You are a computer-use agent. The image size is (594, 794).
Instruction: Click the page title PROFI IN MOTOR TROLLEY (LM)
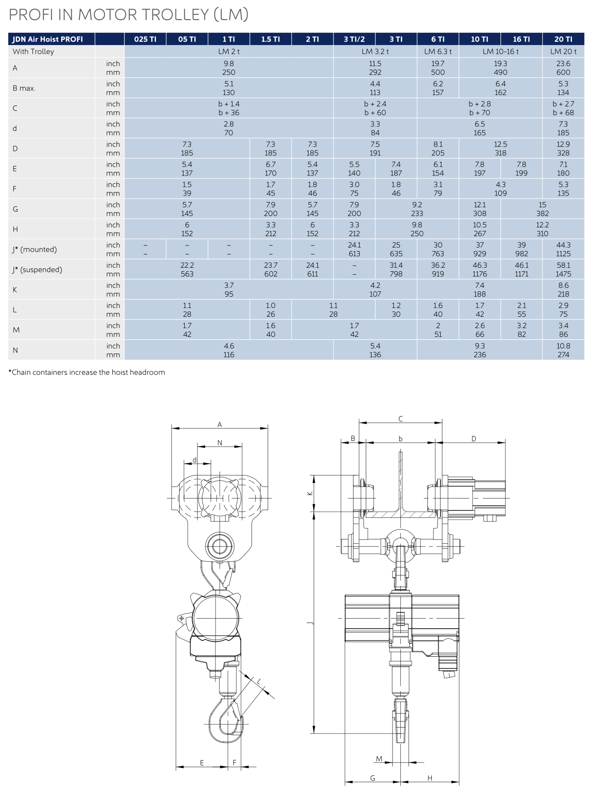point(129,15)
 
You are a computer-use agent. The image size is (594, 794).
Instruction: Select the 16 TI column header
point(521,39)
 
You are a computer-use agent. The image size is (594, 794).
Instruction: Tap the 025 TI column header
point(145,39)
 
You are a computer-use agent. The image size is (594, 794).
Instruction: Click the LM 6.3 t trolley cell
point(438,51)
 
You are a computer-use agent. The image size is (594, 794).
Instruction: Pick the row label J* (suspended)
point(37,269)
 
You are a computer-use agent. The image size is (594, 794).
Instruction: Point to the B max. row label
point(24,88)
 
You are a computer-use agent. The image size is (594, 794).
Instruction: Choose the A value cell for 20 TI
point(563,68)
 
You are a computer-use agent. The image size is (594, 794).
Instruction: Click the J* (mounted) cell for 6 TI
point(438,249)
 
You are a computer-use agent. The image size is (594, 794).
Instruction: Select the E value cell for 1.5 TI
point(271,168)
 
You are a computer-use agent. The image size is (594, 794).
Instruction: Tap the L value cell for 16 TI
point(521,310)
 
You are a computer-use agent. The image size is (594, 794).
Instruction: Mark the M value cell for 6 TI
point(438,330)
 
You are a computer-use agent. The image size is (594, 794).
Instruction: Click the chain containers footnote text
point(87,372)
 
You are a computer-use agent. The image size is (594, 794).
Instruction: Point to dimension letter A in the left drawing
point(220,424)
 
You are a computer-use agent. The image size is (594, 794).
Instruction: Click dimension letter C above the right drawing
point(400,419)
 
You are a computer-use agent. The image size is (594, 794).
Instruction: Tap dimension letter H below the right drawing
point(430,778)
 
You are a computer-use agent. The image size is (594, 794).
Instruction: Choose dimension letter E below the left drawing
point(202,763)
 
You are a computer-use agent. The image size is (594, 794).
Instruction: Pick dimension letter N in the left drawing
point(220,443)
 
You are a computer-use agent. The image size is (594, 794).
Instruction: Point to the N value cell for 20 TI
point(563,350)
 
